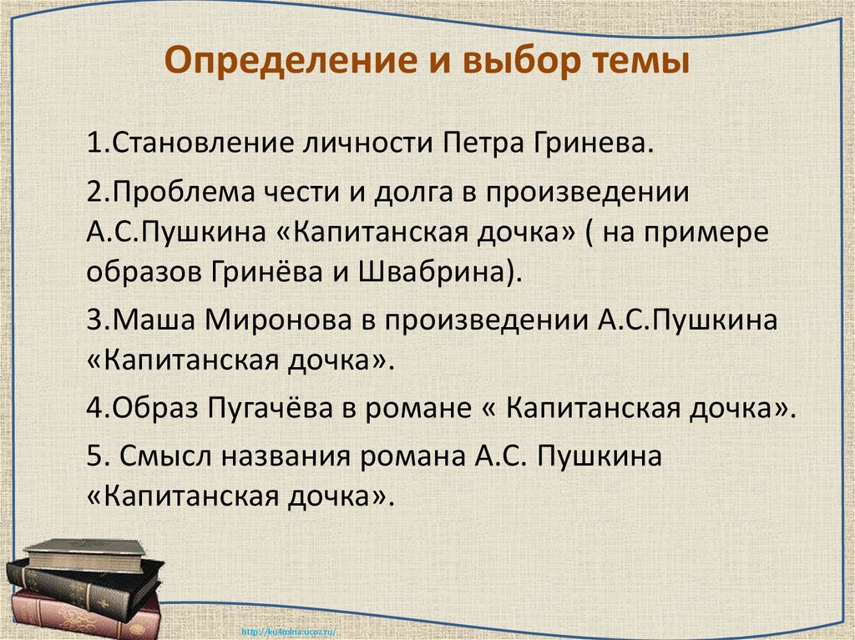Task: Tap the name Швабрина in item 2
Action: [449, 271]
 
